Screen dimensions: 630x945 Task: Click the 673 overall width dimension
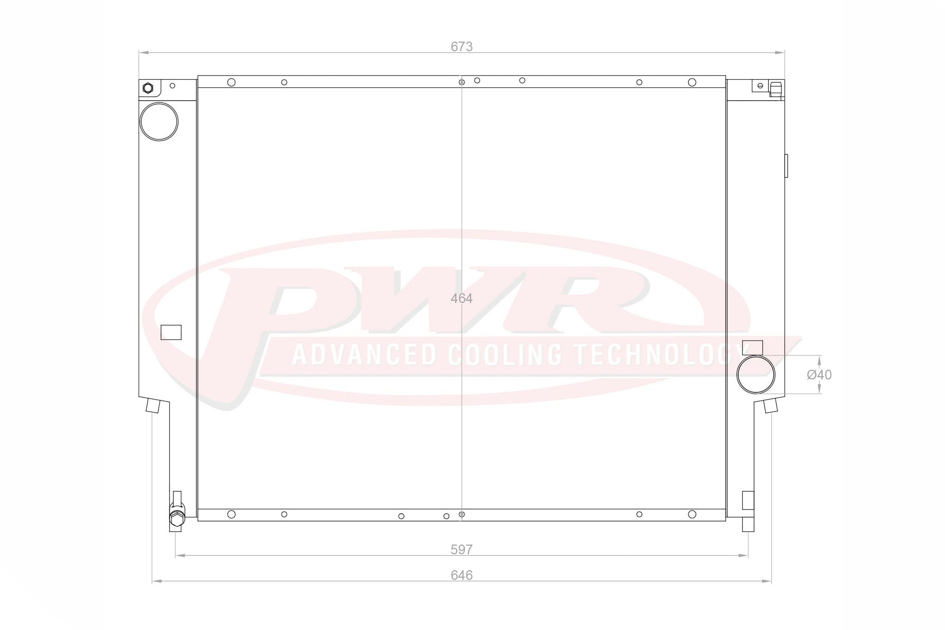click(x=461, y=47)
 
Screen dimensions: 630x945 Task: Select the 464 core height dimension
click(x=461, y=299)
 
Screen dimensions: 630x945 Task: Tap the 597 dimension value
click(x=461, y=549)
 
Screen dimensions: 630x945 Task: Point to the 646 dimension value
click(x=461, y=575)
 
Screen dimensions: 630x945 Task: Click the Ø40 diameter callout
click(x=819, y=375)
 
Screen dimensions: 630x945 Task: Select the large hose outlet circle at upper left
click(x=159, y=122)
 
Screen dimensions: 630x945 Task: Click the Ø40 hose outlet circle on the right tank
click(x=756, y=374)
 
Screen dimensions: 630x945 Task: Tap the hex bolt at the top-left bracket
click(x=148, y=88)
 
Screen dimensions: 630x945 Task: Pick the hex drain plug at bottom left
click(x=177, y=518)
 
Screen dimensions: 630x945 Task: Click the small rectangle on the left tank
click(x=171, y=332)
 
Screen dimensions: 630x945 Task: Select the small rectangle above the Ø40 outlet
click(x=753, y=347)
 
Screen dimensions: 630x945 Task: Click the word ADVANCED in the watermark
click(x=365, y=355)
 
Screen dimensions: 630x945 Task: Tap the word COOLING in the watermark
click(x=505, y=355)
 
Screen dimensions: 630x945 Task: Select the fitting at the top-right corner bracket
click(x=776, y=89)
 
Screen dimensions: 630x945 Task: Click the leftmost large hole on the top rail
click(x=232, y=82)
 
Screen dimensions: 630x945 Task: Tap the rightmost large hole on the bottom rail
click(x=692, y=514)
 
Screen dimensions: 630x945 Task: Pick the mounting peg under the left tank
click(x=153, y=406)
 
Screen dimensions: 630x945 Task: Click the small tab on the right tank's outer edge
click(x=786, y=166)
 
